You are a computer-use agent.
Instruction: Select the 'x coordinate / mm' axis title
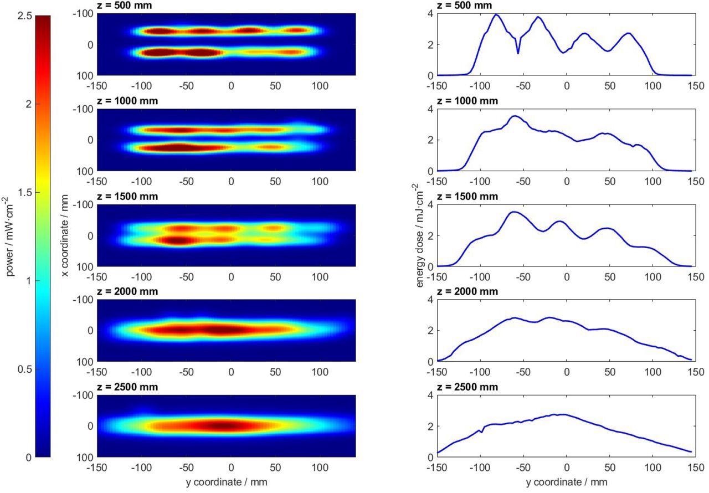click(65, 235)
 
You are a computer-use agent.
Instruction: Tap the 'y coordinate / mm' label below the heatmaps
click(226, 482)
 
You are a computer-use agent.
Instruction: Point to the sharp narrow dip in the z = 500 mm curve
click(518, 53)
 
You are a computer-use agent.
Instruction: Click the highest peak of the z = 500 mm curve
click(496, 15)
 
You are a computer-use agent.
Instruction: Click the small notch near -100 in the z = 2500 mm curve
click(482, 432)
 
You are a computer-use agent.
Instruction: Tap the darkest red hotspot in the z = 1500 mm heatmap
click(177, 240)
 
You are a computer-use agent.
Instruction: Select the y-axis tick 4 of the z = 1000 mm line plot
click(430, 109)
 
